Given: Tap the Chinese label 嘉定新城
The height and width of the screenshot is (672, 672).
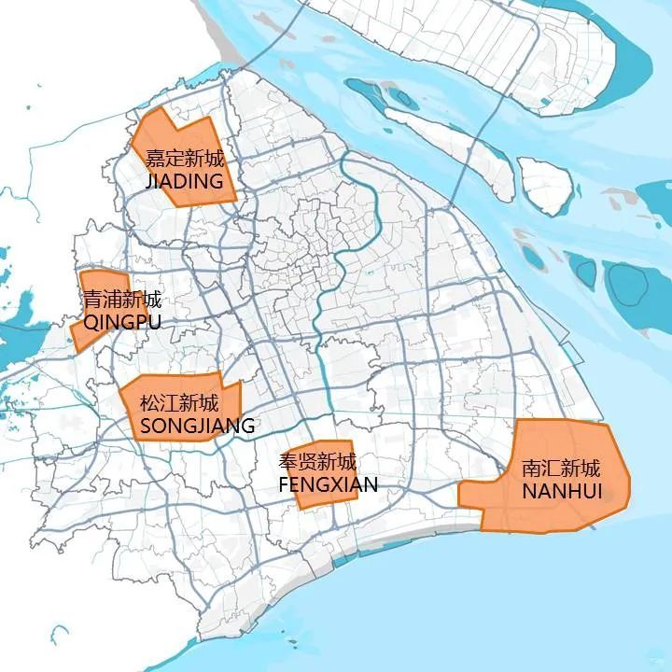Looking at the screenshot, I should pos(184,158).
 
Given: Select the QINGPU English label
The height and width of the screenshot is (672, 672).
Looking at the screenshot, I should pos(122,323).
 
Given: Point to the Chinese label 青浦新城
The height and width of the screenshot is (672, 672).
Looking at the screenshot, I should pos(122,301).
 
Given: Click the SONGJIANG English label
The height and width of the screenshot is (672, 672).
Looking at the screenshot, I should pos(197,427).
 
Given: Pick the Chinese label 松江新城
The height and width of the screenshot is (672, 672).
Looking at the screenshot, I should pos(179,404).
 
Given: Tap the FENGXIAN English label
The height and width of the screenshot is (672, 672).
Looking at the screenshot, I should pos(328,484).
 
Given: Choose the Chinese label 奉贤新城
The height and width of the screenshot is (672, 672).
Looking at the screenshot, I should pos(317,461).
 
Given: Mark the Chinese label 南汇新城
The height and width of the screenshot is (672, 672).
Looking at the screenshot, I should pos(561,468).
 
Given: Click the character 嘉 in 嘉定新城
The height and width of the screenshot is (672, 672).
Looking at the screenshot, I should pos(155,158).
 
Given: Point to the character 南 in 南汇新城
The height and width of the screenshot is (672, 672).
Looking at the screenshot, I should pos(532,468).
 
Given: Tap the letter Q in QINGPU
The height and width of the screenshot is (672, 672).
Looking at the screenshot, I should pos(91,323).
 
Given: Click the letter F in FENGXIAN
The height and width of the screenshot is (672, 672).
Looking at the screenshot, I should pos(285,484).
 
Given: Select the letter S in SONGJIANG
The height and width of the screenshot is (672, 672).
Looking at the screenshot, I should pos(146,427).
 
